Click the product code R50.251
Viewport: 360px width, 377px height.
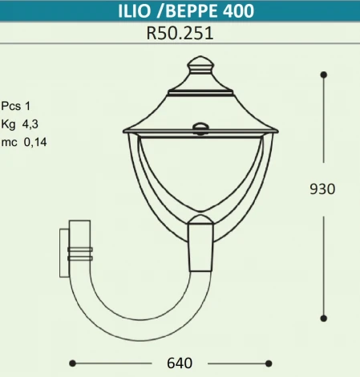pyautogui.click(x=180, y=34)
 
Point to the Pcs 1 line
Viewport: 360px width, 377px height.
pyautogui.click(x=15, y=105)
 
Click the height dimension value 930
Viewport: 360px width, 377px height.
pyautogui.click(x=322, y=189)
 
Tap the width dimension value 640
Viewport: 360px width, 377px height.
pyautogui.click(x=179, y=363)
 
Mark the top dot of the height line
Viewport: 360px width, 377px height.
pyautogui.click(x=323, y=75)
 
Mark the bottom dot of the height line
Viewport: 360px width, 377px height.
pyautogui.click(x=323, y=318)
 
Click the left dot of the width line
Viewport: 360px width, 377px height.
pyautogui.click(x=73, y=363)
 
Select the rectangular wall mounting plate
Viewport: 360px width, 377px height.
pyautogui.click(x=64, y=252)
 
